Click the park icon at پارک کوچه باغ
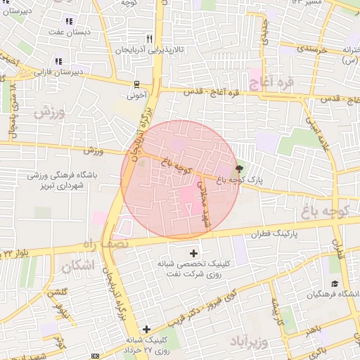click(x=240, y=169)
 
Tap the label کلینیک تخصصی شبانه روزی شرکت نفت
click(x=194, y=269)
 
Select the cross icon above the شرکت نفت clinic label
click(x=194, y=252)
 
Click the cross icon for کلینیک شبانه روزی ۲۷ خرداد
click(x=146, y=329)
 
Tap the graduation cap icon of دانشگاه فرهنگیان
click(x=335, y=283)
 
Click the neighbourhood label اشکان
click(x=77, y=266)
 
